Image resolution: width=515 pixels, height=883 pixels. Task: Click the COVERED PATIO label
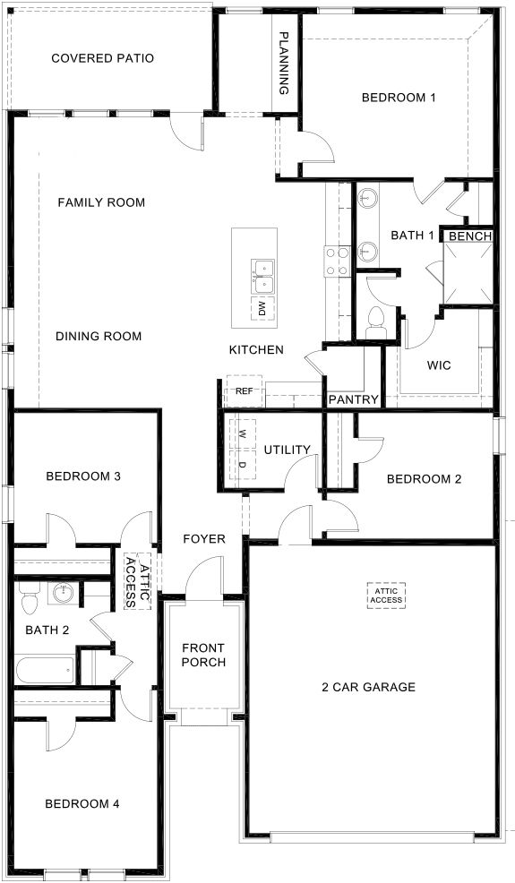(x=102, y=58)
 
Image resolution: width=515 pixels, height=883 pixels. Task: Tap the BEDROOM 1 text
(x=398, y=98)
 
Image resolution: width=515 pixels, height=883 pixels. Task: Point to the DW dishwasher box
(x=262, y=310)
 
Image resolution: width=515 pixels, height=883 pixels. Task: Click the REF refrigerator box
(x=244, y=391)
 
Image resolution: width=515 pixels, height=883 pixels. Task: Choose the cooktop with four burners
(x=336, y=261)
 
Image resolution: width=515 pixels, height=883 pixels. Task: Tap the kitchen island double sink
(x=262, y=276)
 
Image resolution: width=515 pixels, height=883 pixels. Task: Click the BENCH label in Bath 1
(x=469, y=236)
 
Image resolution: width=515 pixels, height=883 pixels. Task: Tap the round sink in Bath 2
(x=63, y=593)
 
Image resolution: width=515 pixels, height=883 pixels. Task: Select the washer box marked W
(x=242, y=433)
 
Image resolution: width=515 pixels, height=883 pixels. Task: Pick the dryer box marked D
(x=242, y=464)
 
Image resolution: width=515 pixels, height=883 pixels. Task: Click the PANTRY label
(x=353, y=399)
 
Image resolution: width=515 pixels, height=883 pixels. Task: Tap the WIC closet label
(x=438, y=365)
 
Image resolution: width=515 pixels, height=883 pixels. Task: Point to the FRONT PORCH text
(x=202, y=655)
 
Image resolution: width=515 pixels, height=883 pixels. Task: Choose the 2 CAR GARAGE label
(x=369, y=687)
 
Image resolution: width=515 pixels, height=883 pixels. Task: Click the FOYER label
(x=203, y=538)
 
